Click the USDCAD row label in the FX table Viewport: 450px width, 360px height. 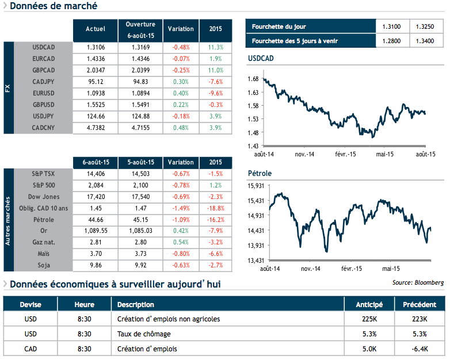[x=44, y=47]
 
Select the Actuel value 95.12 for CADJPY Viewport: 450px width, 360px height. [x=96, y=82]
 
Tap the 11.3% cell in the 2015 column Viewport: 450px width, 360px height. [x=216, y=47]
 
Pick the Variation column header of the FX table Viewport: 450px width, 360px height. [x=181, y=29]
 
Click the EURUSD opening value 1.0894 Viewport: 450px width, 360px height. [x=140, y=93]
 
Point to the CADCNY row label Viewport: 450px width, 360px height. [x=44, y=128]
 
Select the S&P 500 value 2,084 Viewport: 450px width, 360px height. [x=96, y=185]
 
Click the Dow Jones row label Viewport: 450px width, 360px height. [x=44, y=197]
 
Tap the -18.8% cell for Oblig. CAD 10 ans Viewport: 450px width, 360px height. [x=216, y=208]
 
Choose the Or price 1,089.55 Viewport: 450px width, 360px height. [x=96, y=231]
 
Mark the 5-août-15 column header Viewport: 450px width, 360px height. [x=140, y=162]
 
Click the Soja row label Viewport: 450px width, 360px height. [x=44, y=266]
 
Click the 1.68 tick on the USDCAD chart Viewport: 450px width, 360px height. [x=252, y=78]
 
